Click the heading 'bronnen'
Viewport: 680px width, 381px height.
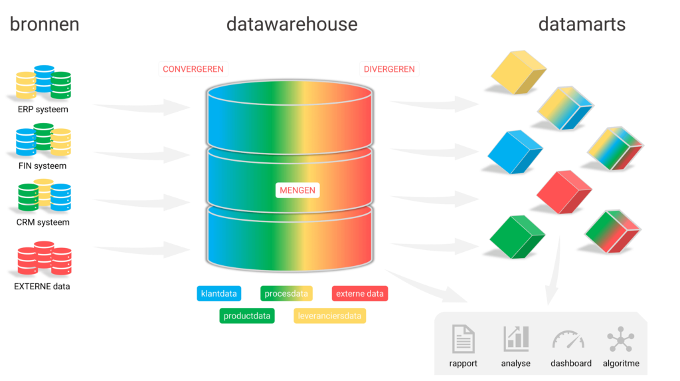point(44,25)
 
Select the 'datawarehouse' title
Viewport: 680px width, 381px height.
point(292,25)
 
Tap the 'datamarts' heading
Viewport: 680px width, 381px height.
point(582,25)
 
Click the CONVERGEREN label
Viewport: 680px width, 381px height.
point(193,69)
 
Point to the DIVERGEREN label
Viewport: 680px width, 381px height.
point(389,69)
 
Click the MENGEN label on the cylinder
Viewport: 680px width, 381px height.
point(297,190)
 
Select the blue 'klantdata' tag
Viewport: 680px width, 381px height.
point(219,293)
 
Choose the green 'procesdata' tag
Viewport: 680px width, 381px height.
point(286,293)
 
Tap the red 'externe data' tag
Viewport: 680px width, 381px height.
point(359,293)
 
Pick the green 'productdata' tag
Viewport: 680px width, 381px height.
point(247,316)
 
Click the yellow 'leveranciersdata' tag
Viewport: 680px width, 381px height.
point(329,316)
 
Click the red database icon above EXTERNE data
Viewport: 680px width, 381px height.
point(43,260)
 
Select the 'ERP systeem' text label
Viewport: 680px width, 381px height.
point(42,109)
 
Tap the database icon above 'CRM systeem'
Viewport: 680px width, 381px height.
point(43,197)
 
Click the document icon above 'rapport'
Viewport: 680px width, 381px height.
point(463,339)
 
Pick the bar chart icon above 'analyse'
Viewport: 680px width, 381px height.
point(516,339)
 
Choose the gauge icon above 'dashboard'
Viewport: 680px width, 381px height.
point(568,340)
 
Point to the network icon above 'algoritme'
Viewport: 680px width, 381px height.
point(620,339)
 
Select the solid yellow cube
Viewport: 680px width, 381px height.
point(518,72)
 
